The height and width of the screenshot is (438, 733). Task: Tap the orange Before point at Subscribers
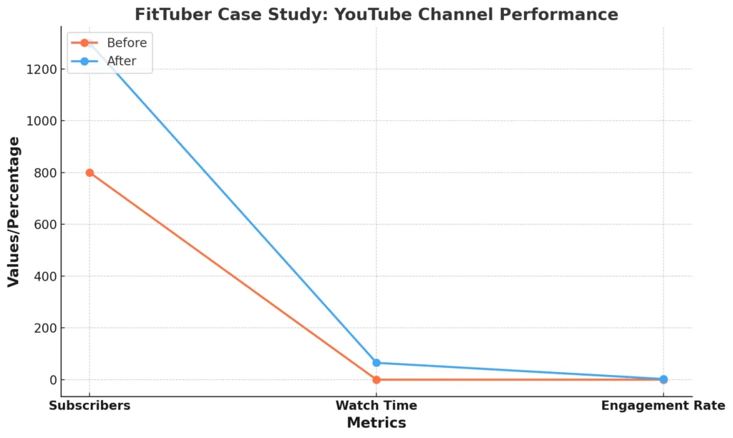point(89,172)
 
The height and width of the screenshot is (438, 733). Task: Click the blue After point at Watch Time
point(377,363)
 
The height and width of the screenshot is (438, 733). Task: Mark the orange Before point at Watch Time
point(377,379)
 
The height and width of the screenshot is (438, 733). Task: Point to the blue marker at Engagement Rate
point(664,379)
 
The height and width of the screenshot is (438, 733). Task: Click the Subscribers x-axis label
point(89,406)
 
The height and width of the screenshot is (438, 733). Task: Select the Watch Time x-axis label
point(377,406)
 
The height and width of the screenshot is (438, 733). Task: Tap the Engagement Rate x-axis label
point(663,406)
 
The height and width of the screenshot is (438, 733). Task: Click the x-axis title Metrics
point(377,423)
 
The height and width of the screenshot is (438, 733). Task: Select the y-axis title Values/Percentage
point(14,212)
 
